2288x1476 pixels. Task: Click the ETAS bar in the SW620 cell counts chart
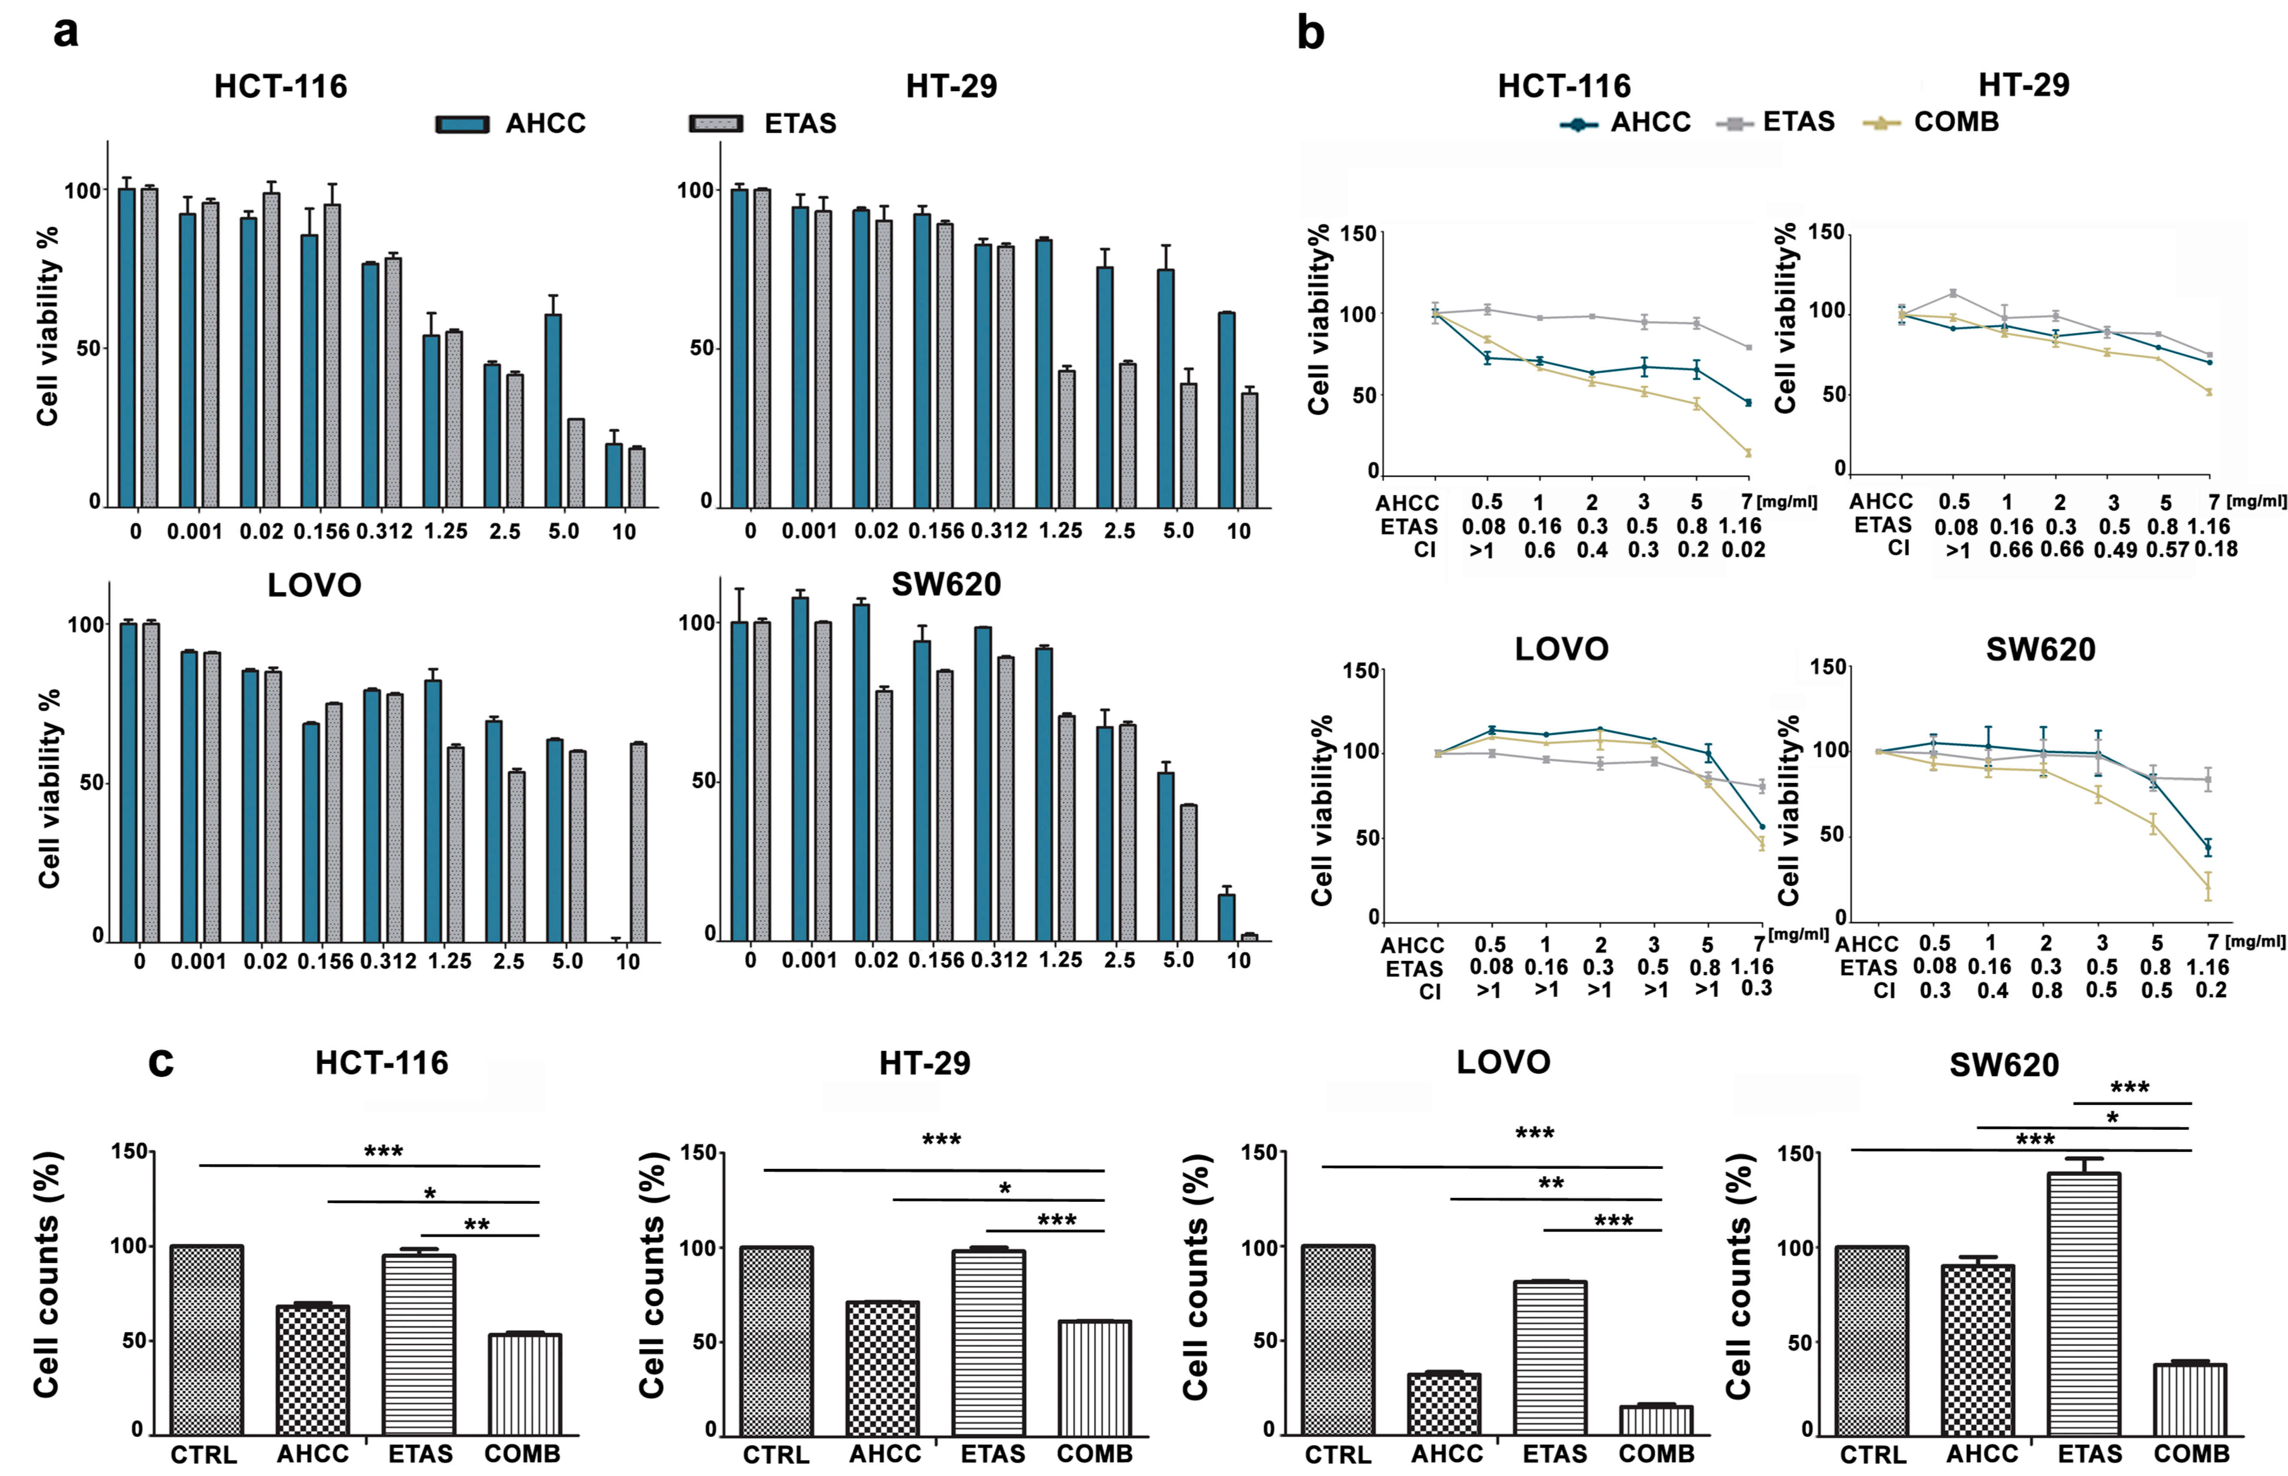pos(2084,1304)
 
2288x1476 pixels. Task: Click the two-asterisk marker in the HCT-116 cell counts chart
pos(476,1225)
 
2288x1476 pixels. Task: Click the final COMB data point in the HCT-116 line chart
pos(1748,453)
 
